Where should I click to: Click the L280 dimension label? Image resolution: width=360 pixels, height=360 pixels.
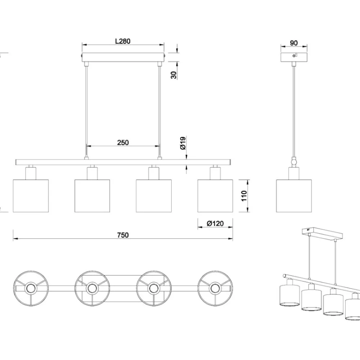point(123,41)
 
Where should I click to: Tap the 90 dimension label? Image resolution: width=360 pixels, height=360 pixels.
point(294,43)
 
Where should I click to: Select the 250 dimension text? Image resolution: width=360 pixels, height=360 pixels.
point(123,143)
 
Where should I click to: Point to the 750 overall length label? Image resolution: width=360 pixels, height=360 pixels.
point(123,235)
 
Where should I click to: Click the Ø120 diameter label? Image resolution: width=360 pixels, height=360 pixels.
point(215,224)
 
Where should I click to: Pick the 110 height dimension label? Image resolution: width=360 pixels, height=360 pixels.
point(244,196)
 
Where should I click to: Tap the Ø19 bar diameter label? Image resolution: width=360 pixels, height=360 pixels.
point(183,143)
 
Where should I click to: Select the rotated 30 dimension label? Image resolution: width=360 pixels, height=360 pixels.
point(174,75)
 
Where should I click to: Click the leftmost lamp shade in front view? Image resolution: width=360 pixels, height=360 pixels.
point(31,196)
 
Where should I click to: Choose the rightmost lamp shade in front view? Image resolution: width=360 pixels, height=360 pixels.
point(215,196)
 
